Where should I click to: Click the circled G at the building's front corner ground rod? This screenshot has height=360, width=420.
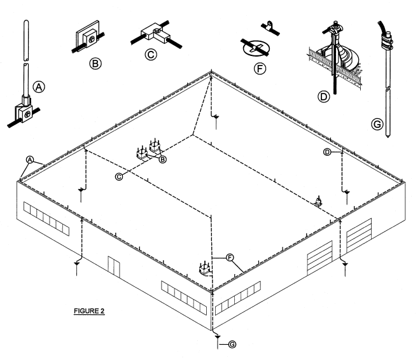coord(232,345)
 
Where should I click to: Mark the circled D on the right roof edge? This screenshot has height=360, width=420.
coord(327,152)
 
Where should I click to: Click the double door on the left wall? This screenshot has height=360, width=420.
coord(113,267)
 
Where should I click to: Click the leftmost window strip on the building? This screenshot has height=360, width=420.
coord(46,216)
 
